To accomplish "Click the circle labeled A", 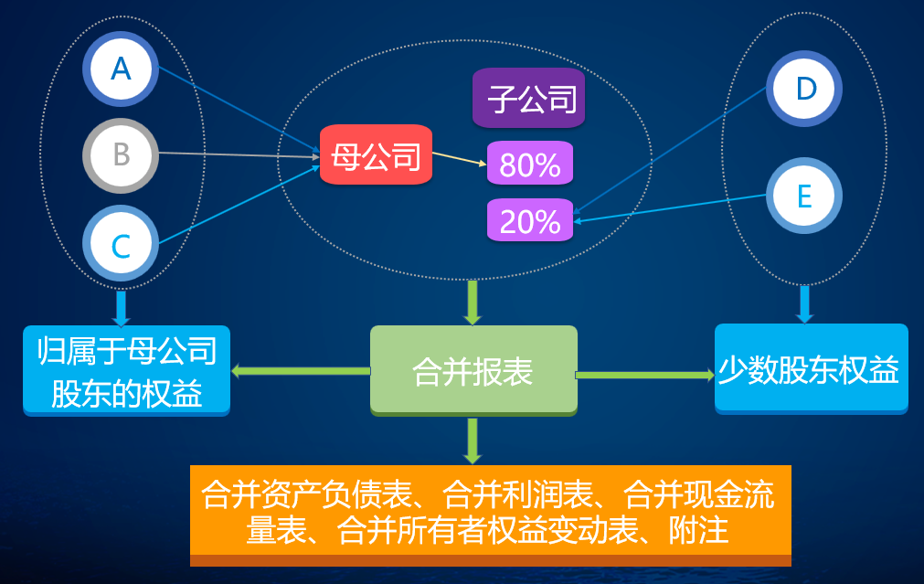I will click(121, 69).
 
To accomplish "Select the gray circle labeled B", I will click(121, 155).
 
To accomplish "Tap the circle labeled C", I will click(121, 244).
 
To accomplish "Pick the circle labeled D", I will click(804, 89).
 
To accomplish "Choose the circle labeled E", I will click(804, 196).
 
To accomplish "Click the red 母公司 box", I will click(376, 155).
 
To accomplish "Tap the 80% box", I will click(530, 165).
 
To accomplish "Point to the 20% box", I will click(530, 221).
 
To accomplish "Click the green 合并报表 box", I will click(473, 370).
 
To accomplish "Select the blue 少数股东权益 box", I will click(811, 369).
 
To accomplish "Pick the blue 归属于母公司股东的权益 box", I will click(126, 370).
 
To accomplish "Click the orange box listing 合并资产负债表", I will click(490, 513).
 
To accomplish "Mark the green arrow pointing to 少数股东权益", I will click(644, 375).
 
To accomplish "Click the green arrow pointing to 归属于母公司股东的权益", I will click(301, 371).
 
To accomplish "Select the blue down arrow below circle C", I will click(122, 308).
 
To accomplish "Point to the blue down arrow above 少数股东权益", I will click(804, 304).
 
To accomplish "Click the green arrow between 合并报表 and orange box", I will click(473, 441).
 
